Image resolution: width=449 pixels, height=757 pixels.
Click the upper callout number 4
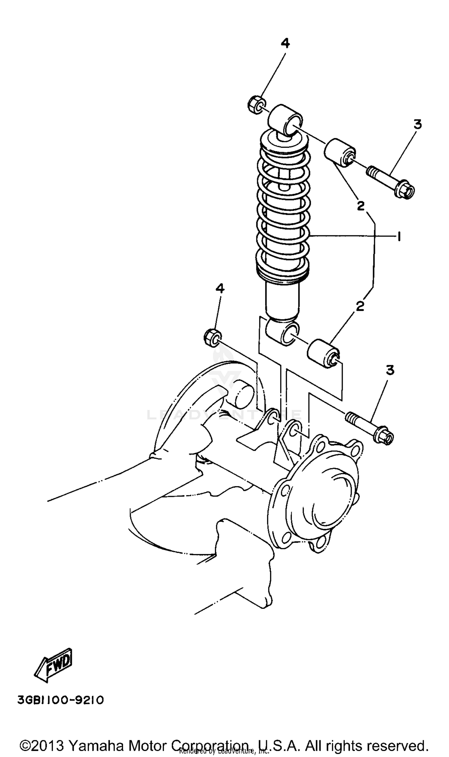tap(285, 44)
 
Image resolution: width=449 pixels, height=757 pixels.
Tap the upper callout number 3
tap(418, 124)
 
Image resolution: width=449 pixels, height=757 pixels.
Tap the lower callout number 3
tap(390, 370)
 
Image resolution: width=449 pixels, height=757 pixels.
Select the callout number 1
tap(399, 236)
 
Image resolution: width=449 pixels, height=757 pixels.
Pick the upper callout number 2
tap(361, 206)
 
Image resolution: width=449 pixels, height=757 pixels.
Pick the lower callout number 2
tap(360, 307)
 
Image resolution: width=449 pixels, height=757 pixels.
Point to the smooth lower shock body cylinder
tap(282, 299)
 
